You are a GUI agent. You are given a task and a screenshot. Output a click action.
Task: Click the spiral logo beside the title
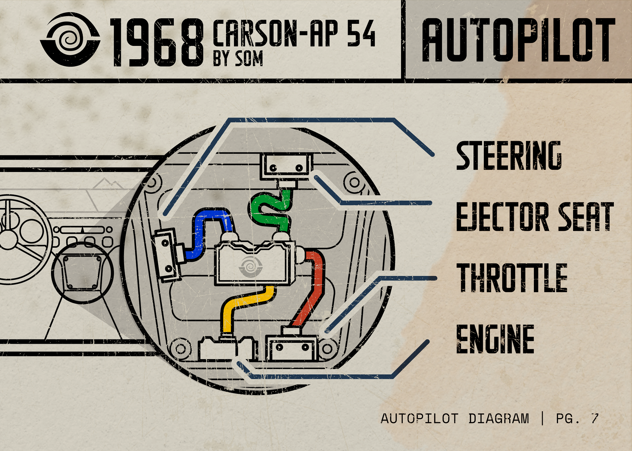click(x=70, y=40)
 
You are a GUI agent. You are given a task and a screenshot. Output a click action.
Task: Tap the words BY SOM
click(x=238, y=59)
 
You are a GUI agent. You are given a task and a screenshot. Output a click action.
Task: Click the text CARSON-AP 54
click(x=294, y=33)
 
